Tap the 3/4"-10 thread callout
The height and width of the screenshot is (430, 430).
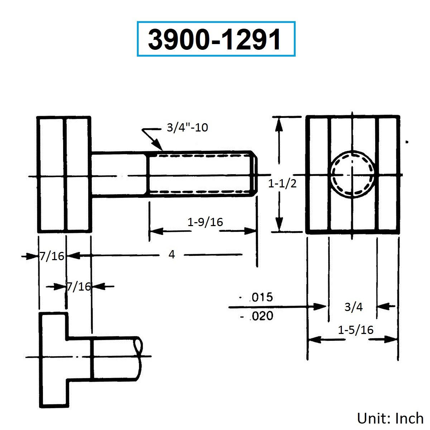pos(187,128)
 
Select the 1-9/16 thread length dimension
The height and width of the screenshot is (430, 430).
pos(205,222)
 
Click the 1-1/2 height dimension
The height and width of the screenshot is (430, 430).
pos(282,184)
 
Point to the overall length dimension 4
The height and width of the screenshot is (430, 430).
pos(172,254)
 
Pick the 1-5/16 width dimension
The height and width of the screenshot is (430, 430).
pos(356,330)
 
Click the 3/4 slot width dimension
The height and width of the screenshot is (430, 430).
pos(353,307)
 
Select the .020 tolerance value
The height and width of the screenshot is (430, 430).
pos(261,316)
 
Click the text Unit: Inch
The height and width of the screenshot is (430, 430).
pos(390,418)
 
